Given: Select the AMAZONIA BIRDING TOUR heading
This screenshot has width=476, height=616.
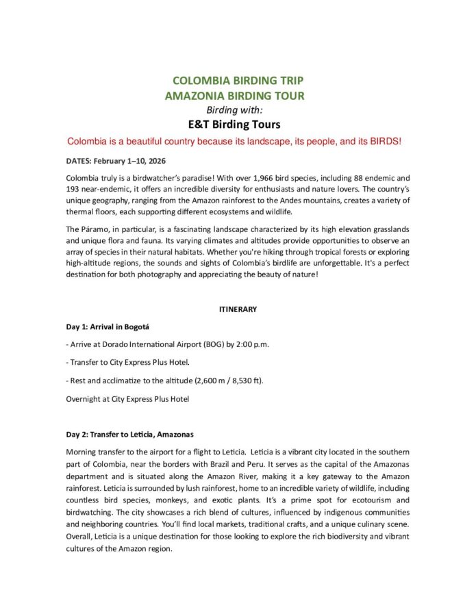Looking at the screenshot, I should coord(234,97).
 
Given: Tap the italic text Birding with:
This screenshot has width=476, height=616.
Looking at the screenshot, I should coord(234,110).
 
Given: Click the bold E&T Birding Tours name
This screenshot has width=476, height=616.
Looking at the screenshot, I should coord(234,125).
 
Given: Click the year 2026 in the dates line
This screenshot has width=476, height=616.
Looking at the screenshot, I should coord(168,161).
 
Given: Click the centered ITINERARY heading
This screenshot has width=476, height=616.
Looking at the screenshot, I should coord(238,309).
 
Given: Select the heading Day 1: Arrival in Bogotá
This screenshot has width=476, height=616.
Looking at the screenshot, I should coord(110,326).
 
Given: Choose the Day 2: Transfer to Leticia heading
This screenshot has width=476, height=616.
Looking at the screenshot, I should coord(129,435).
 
